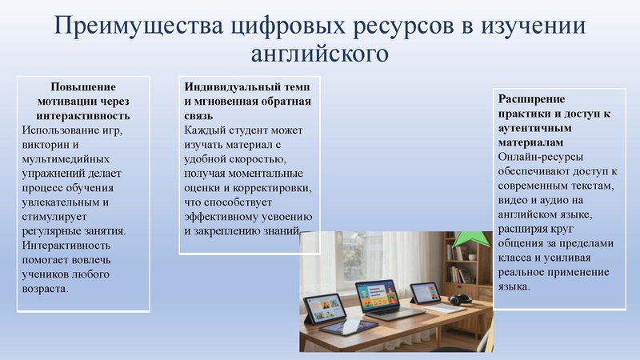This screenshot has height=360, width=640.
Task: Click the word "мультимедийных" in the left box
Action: point(69,159)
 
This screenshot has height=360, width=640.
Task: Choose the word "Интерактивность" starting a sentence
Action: point(71,246)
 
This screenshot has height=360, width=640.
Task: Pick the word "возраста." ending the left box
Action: point(46,289)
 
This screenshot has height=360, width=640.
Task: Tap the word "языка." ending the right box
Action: point(513,286)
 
